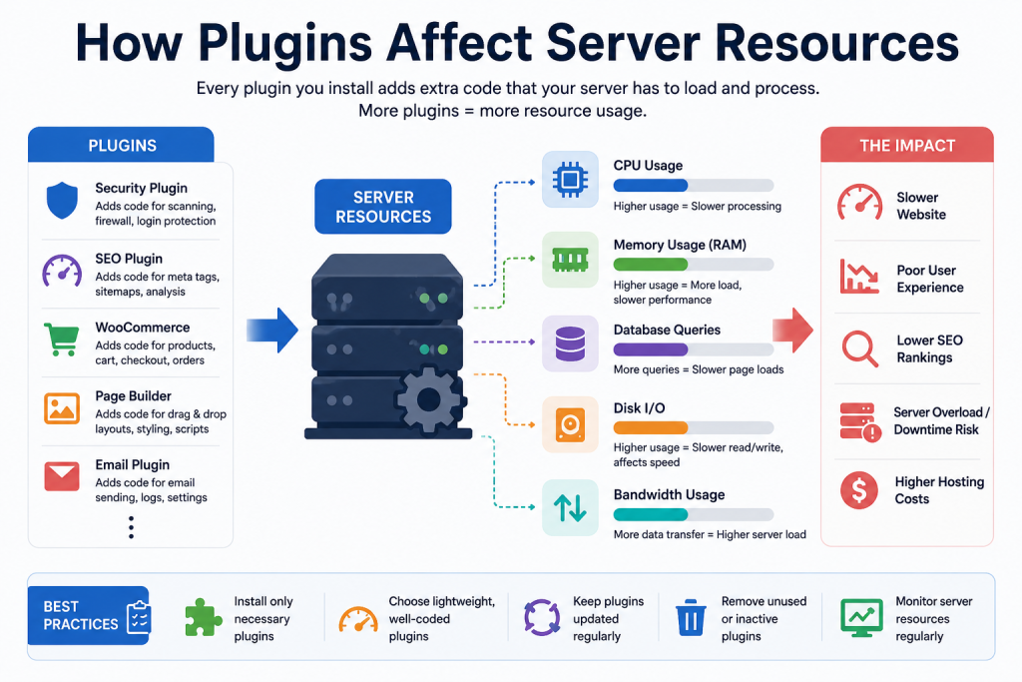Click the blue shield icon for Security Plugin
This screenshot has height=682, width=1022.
62,200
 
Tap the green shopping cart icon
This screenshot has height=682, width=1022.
61,340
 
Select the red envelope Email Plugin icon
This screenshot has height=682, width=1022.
62,476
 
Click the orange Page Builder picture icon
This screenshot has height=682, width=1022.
62,408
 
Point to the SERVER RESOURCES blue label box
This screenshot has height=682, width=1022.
383,207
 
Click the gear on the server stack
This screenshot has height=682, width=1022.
428,400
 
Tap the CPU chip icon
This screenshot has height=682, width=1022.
570,179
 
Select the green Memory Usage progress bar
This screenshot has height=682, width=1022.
651,264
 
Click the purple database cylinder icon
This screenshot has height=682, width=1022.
570,343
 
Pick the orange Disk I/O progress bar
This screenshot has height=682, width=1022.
651,427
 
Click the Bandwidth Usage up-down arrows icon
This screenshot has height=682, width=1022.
570,508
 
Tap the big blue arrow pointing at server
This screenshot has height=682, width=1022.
272,331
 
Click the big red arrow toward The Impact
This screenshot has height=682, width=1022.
792,330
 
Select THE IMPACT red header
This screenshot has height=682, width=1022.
907,145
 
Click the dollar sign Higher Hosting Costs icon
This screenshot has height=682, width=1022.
859,490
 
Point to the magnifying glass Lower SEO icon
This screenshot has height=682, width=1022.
859,349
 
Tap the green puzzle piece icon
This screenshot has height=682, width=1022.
204,617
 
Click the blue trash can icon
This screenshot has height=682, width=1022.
691,617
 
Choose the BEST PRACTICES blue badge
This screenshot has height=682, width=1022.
89,615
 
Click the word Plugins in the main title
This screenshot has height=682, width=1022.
284,43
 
